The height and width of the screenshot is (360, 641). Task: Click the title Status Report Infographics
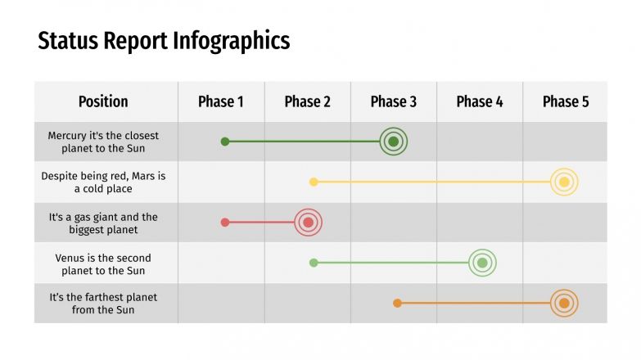click(164, 41)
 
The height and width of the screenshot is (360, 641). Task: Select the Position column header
click(103, 101)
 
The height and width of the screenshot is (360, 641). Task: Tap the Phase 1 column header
click(221, 101)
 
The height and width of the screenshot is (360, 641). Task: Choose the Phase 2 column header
click(308, 101)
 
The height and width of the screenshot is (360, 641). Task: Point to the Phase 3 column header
click(394, 101)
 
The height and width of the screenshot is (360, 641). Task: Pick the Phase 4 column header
click(480, 101)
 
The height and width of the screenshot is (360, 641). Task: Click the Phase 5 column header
click(566, 101)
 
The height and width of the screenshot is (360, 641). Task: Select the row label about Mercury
click(103, 142)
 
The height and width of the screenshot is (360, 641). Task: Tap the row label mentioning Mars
click(103, 182)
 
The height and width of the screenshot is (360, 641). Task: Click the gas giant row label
click(103, 223)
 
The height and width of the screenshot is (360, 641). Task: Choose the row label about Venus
click(103, 263)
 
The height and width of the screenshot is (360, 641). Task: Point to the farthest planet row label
click(103, 304)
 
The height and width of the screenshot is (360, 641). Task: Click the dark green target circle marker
click(394, 142)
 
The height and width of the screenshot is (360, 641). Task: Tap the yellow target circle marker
click(564, 182)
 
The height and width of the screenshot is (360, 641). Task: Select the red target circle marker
click(308, 222)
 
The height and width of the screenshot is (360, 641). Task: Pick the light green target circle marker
click(482, 263)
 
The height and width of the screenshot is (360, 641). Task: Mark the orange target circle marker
click(564, 304)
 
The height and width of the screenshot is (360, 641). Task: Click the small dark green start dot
click(225, 142)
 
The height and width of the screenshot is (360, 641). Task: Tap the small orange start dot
click(397, 304)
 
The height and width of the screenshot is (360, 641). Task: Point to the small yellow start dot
click(314, 182)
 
